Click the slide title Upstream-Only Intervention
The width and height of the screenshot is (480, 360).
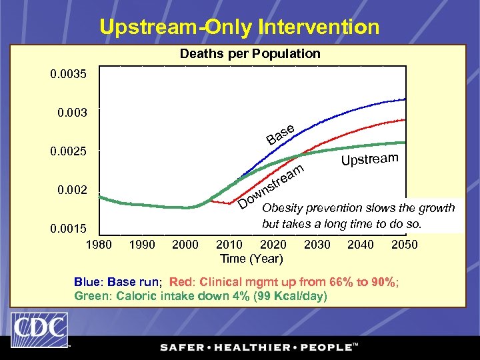pyautogui.click(x=239, y=27)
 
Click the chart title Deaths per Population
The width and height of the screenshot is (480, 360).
pyautogui.click(x=250, y=53)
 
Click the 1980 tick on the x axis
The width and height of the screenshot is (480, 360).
pyautogui.click(x=99, y=245)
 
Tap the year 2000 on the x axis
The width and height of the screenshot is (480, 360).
pyautogui.click(x=185, y=245)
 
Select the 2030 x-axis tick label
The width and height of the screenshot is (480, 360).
pyautogui.click(x=317, y=245)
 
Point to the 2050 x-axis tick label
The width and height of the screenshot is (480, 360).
pyautogui.click(x=404, y=245)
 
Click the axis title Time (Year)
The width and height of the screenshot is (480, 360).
pyautogui.click(x=251, y=258)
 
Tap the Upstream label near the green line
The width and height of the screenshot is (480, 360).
pyautogui.click(x=370, y=159)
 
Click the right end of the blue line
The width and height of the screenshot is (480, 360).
pyautogui.click(x=405, y=99)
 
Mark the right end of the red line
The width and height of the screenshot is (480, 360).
pyautogui.click(x=405, y=120)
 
